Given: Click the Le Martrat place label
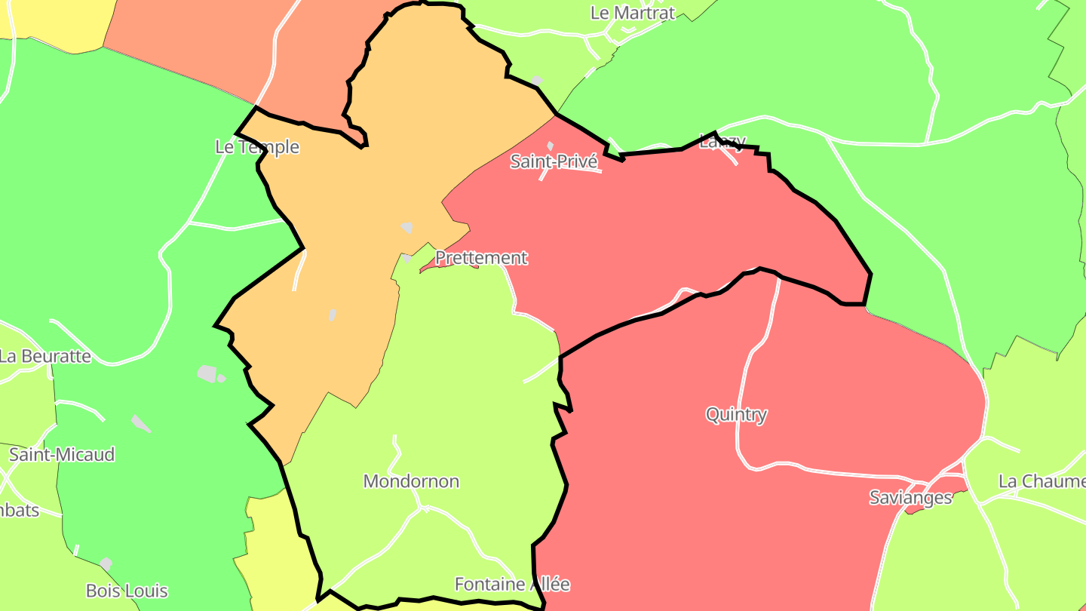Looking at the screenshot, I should point(632,13).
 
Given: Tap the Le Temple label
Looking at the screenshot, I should point(257,147).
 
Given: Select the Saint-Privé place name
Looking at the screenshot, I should point(554,161).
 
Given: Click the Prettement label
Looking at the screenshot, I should point(481,258).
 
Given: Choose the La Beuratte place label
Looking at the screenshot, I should point(44,356).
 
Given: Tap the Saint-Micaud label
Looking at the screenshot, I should point(62,455).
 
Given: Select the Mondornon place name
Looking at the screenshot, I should point(411,481).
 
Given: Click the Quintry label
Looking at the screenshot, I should point(736,414).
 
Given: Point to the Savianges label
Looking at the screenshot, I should point(910,498).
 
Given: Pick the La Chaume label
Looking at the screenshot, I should point(1041,481).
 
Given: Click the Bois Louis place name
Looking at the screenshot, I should point(127,591).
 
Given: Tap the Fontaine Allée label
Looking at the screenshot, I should point(512,584).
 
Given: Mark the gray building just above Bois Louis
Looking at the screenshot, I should point(106,563).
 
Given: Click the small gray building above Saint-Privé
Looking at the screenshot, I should point(550,146).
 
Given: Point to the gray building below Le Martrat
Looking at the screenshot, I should point(537,80).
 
